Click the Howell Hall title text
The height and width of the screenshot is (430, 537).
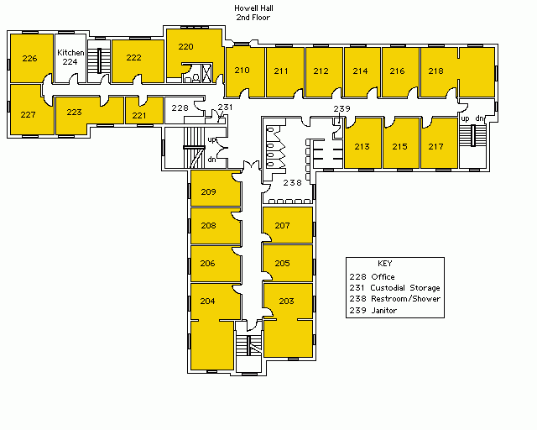click(x=253, y=8)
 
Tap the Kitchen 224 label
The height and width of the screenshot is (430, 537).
click(x=70, y=57)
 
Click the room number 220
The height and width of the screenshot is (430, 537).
click(x=185, y=47)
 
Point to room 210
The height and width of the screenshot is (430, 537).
click(x=245, y=72)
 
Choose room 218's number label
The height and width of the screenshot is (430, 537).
click(x=436, y=71)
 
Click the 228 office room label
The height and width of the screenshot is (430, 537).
click(x=180, y=108)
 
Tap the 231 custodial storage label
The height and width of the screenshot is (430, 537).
click(x=226, y=107)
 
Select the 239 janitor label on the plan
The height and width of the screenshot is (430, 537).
click(x=341, y=108)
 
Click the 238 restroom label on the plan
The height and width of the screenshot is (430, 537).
click(x=293, y=183)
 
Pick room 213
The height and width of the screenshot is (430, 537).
click(x=363, y=143)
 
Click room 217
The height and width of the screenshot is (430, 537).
click(x=440, y=143)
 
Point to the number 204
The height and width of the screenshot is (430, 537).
click(x=207, y=301)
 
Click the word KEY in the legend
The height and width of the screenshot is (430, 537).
click(x=385, y=264)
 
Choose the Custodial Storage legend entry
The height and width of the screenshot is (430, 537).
click(x=394, y=288)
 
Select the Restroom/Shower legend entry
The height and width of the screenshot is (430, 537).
click(x=395, y=299)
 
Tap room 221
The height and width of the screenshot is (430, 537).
click(x=144, y=110)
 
